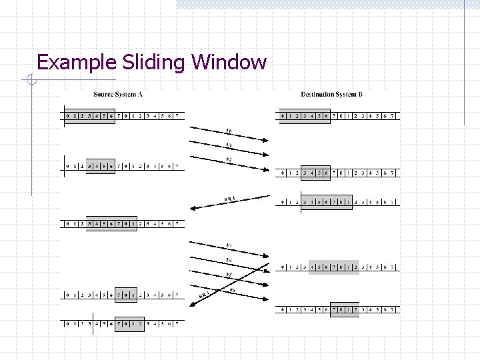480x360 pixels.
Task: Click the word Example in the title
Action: point(77,63)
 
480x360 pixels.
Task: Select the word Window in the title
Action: point(229,63)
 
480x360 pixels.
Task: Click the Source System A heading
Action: point(118,95)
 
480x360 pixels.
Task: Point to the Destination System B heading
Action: point(331,95)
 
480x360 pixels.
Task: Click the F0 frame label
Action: point(229,131)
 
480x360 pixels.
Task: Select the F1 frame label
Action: point(229,145)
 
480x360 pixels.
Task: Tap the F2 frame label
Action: point(229,160)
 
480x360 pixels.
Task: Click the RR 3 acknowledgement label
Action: point(230,198)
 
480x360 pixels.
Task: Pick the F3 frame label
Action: point(229,245)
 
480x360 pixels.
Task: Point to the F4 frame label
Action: point(229,259)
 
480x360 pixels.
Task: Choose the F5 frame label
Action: point(229,275)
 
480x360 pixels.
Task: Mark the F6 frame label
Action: point(233,290)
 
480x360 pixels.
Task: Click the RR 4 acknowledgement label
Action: point(204,293)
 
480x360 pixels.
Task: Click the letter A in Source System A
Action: point(141,95)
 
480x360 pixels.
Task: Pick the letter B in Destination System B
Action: point(360,95)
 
